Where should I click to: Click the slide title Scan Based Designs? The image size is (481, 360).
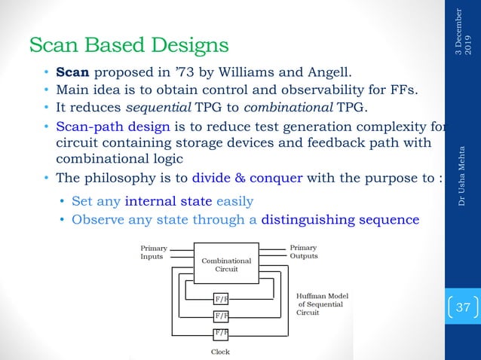pyautogui.click(x=129, y=45)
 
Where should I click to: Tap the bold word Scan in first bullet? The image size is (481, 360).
pyautogui.click(x=72, y=74)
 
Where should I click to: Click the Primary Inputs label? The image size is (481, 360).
pyautogui.click(x=155, y=252)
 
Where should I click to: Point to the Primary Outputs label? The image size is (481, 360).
pyautogui.click(x=304, y=252)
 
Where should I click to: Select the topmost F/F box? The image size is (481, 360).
pyautogui.click(x=220, y=299)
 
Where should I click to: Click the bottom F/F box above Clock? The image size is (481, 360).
pyautogui.click(x=220, y=332)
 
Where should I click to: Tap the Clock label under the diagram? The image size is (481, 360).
pyautogui.click(x=220, y=351)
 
